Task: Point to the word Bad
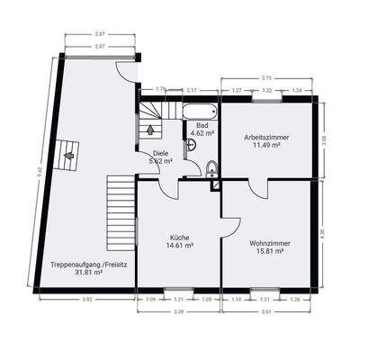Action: point(202,125)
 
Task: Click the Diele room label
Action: point(161,153)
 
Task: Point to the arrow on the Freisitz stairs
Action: point(66,155)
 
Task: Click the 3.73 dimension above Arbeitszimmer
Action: point(266,78)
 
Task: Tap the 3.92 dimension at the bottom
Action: point(87,299)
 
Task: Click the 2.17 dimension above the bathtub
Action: point(192,90)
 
